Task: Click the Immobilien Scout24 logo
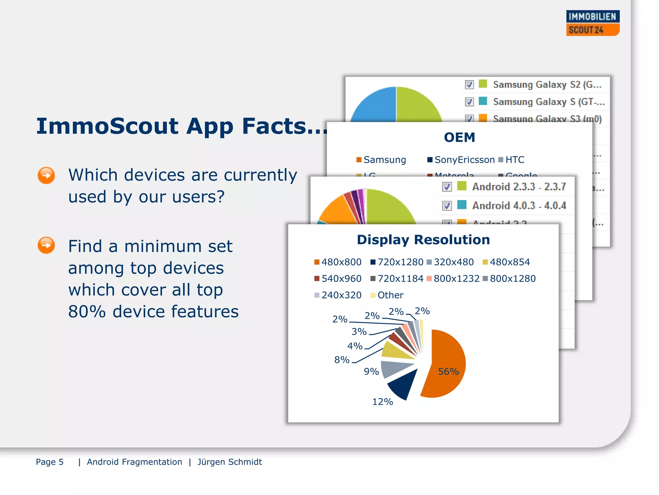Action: (x=593, y=23)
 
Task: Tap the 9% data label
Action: (x=371, y=372)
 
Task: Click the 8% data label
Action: (x=342, y=360)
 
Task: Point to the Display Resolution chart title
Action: (x=423, y=240)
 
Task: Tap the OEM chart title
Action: (x=459, y=137)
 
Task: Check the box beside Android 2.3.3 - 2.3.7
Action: (x=447, y=187)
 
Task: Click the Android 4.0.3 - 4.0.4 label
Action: (x=519, y=206)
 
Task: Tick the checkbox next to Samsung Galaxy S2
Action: (x=469, y=85)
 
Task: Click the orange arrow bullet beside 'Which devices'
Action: (x=46, y=176)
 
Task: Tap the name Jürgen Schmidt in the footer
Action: (x=229, y=462)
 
